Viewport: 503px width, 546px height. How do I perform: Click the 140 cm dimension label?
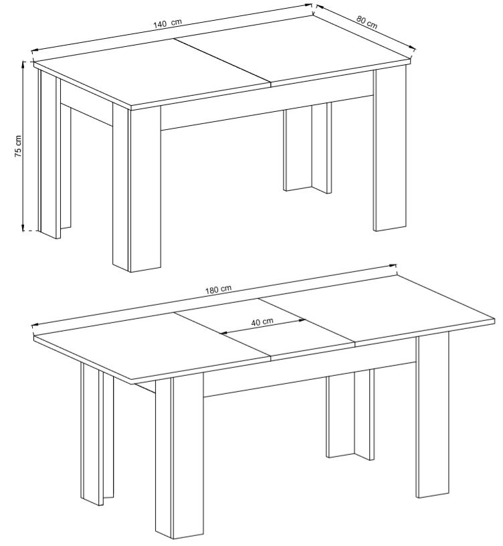(167, 23)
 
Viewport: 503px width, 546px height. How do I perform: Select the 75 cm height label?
(18, 145)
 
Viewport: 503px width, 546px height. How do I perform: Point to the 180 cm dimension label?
(218, 289)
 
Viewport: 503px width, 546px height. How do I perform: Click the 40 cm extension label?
(262, 322)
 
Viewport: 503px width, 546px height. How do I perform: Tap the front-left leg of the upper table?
(136, 188)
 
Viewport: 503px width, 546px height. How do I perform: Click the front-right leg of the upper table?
(390, 150)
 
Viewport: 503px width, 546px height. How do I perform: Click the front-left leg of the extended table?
(179, 460)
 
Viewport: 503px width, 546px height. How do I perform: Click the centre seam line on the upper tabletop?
(222, 62)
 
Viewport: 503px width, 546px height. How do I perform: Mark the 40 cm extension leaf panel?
(264, 328)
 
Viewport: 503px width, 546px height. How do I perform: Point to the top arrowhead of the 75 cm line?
(23, 64)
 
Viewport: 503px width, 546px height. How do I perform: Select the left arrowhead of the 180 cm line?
(35, 325)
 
